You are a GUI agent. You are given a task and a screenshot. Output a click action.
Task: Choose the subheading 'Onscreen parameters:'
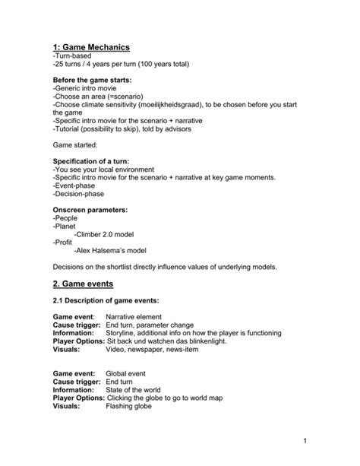pyautogui.click(x=90, y=208)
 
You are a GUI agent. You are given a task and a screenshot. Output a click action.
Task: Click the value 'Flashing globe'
pyautogui.click(x=129, y=407)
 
